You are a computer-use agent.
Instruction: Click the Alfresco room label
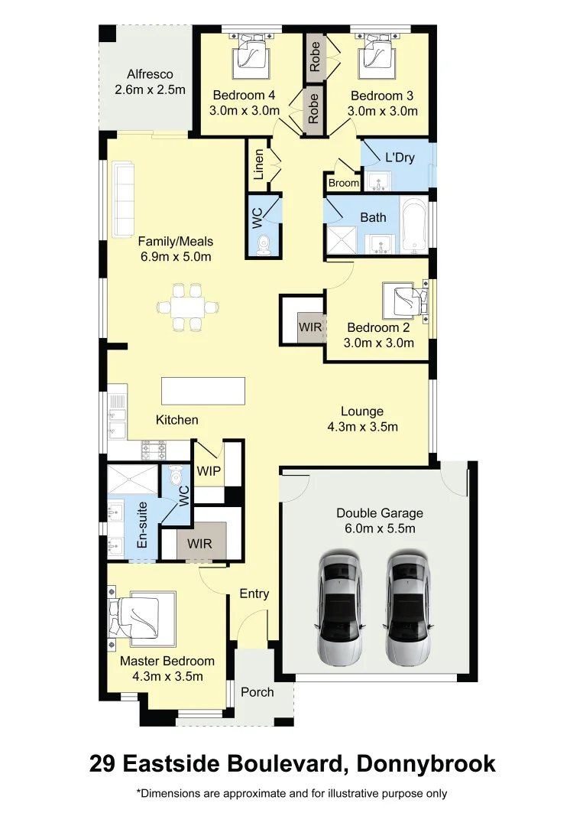[x=150, y=75]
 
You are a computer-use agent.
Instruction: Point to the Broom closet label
[x=343, y=184]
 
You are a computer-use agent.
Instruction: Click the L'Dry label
[x=399, y=158]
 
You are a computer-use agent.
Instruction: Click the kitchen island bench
[x=203, y=391]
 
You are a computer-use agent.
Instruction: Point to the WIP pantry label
[x=208, y=471]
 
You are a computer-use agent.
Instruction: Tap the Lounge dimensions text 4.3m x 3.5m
[x=362, y=427]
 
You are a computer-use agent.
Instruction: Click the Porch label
[x=257, y=692]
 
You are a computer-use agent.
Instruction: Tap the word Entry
[x=254, y=593]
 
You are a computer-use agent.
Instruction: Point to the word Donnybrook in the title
[x=422, y=763]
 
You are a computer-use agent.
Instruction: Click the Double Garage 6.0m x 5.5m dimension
[x=379, y=528]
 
